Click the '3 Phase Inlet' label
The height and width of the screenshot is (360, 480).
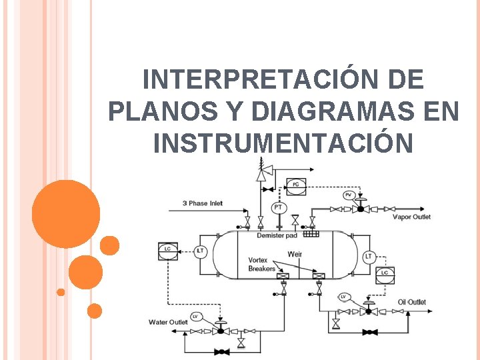(x=203, y=203)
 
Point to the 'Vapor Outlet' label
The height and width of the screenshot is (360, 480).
(x=411, y=217)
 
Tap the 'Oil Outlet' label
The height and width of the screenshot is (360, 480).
(x=411, y=302)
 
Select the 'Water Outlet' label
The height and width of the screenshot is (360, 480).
(x=168, y=322)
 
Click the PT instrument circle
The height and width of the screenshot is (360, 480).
(x=278, y=208)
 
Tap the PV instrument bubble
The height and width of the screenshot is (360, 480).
(x=349, y=195)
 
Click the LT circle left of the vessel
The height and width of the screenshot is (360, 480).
(x=201, y=251)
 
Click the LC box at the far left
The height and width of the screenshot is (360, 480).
(x=167, y=249)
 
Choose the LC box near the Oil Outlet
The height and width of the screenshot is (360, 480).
(x=384, y=273)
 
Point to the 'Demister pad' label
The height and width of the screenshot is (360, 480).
(x=277, y=235)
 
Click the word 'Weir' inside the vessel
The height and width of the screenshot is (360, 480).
(x=295, y=254)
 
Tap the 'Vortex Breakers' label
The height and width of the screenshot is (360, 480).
(x=261, y=264)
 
